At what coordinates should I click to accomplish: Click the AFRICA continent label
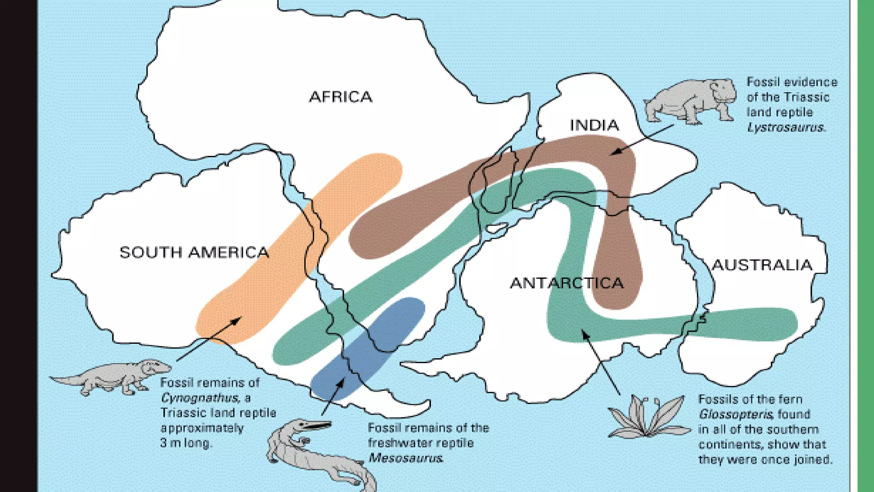(x=341, y=97)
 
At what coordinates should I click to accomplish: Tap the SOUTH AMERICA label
(x=194, y=252)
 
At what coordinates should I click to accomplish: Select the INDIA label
(x=594, y=125)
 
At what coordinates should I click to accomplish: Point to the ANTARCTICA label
(x=567, y=283)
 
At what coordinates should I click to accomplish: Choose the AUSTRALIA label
(x=762, y=265)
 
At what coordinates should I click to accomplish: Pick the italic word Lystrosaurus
(x=785, y=127)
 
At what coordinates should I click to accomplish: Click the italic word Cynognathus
(x=199, y=398)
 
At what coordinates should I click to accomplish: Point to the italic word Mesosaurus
(x=405, y=458)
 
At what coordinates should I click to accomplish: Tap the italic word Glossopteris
(x=735, y=414)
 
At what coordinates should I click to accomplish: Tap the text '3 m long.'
(x=186, y=443)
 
